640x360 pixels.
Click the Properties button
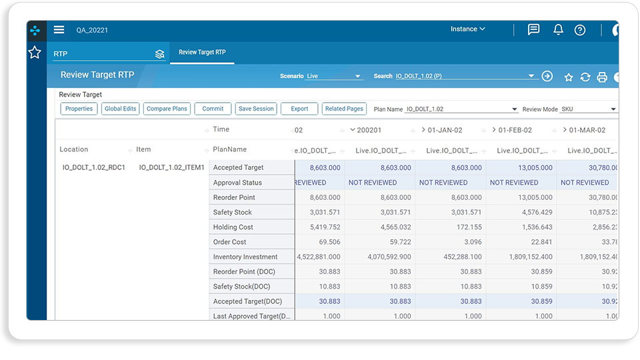[79, 109]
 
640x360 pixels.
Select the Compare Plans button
[167, 109]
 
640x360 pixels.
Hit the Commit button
[213, 109]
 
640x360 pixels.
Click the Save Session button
[256, 109]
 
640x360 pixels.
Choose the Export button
[299, 109]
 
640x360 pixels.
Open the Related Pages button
[344, 109]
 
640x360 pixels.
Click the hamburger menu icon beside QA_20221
[59, 29]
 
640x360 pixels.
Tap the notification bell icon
[558, 29]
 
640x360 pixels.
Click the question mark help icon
[579, 30]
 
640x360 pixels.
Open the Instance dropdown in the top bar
[468, 29]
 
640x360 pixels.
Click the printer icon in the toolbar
[602, 77]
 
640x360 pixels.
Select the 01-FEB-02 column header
[515, 130]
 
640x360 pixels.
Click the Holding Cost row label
[233, 227]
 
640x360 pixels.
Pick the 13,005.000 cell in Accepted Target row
[535, 168]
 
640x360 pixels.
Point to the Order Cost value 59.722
[400, 242]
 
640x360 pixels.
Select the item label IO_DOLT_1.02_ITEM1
[171, 167]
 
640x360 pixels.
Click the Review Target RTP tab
[202, 52]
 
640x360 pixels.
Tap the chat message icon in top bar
[533, 29]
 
